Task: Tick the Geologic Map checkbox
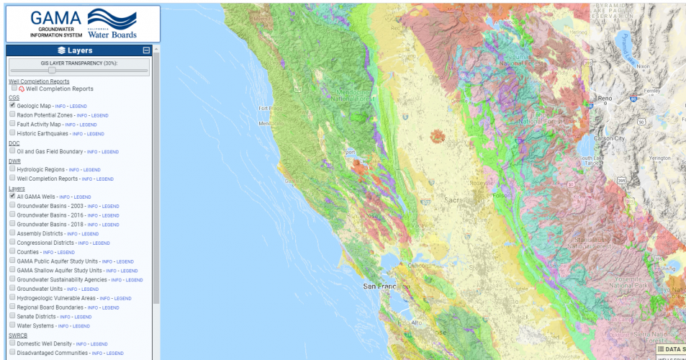tap(13, 105)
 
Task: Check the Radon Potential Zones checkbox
tap(13, 114)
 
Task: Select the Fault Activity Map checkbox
tap(13, 124)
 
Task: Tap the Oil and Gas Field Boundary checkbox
tap(13, 151)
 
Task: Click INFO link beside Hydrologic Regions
tap(74, 170)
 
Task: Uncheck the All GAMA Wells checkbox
tap(13, 196)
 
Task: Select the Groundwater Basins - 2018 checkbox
tap(13, 224)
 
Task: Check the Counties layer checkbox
tap(13, 252)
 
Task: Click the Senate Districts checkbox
tap(13, 316)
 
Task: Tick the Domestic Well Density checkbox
tap(13, 343)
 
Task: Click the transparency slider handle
tap(52, 71)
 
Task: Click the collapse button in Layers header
tap(146, 50)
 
